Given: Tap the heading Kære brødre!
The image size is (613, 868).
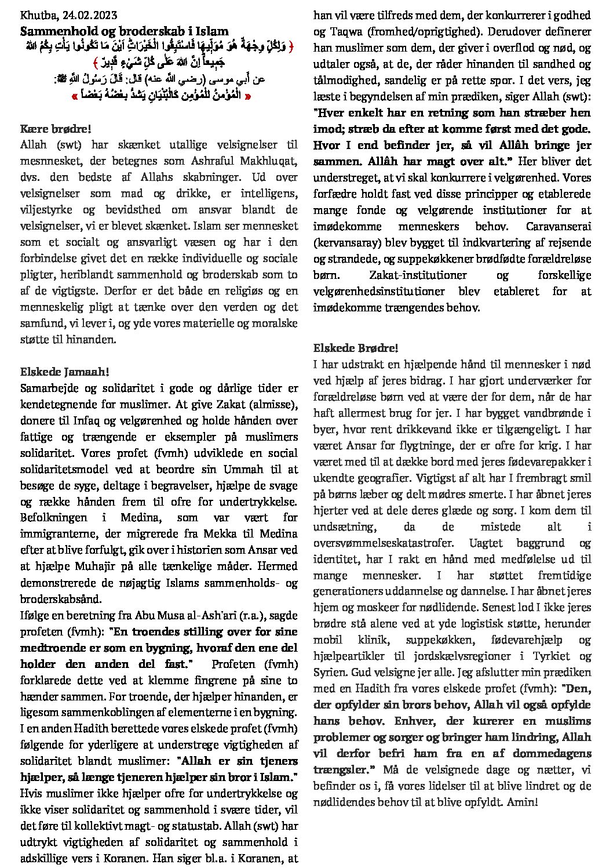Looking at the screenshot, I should click(56, 129).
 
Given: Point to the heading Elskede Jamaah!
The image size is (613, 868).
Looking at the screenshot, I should click(64, 372).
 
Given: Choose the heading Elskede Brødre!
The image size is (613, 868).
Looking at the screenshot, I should click(356, 348).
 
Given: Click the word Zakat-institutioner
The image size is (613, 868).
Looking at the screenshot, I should click(404, 275).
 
